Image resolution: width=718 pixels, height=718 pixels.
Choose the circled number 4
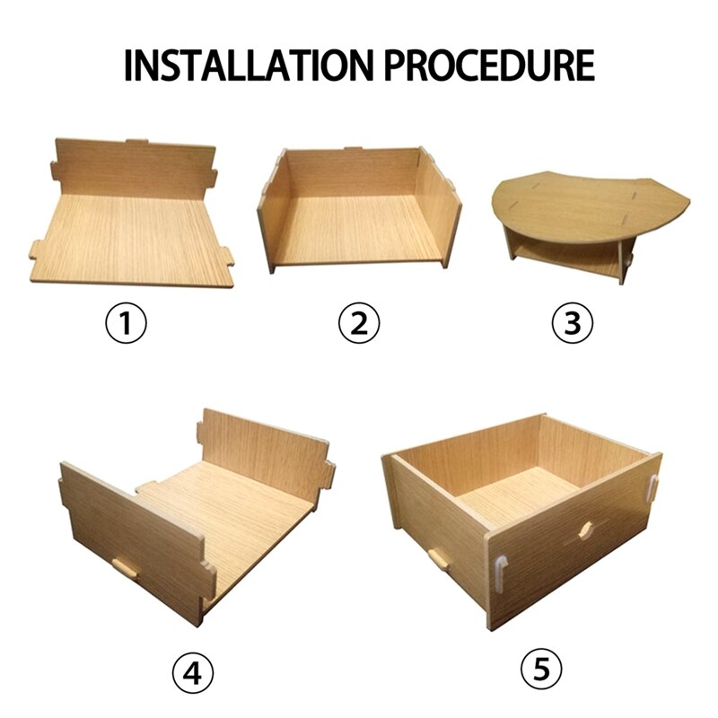pyautogui.click(x=194, y=670)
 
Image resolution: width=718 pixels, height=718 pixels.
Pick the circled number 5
pyautogui.click(x=541, y=669)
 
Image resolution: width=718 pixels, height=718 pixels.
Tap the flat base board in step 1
pyautogui.click(x=135, y=238)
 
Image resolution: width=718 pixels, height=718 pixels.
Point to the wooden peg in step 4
pyautogui.click(x=124, y=568)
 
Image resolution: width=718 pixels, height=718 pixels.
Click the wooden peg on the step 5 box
pyautogui.click(x=439, y=559)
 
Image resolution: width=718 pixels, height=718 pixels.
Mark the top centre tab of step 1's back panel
pyautogui.click(x=137, y=142)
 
